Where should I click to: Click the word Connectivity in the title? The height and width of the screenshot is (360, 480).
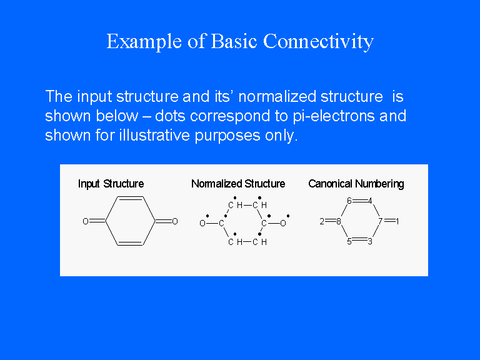(318, 41)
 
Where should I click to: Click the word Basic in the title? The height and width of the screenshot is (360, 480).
(234, 41)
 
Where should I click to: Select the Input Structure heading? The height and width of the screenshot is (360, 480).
(111, 184)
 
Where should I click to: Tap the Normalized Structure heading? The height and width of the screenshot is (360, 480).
(238, 184)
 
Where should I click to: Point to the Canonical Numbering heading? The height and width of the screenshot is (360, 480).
(356, 184)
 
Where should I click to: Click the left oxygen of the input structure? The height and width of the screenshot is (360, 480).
(86, 221)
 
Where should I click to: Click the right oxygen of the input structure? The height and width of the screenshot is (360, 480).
(175, 221)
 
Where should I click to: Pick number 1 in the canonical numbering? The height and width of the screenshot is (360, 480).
(397, 221)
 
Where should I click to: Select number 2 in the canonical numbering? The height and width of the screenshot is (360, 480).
(322, 221)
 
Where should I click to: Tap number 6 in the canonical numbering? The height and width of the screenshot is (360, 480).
(349, 201)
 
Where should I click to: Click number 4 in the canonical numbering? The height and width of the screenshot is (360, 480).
(370, 201)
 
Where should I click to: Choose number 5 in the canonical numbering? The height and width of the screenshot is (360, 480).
(349, 241)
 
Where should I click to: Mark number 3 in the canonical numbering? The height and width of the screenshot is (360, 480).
(370, 241)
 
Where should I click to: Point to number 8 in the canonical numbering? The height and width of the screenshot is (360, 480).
(339, 221)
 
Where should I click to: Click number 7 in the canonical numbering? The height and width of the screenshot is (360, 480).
(381, 221)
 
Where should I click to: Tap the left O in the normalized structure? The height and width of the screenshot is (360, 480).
(202, 224)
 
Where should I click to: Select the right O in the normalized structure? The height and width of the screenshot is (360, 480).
(283, 224)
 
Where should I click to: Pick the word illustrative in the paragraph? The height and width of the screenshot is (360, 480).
(154, 135)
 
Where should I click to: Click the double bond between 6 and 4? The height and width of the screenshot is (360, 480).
(360, 201)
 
